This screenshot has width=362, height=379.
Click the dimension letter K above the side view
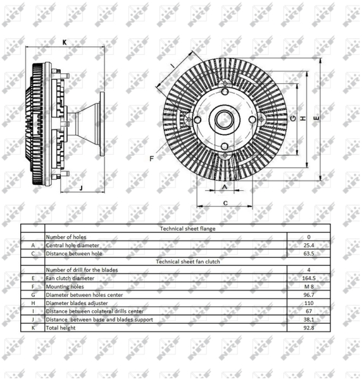(65, 42)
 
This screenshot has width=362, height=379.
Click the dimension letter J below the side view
(82, 188)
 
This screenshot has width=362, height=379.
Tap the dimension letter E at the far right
(316, 118)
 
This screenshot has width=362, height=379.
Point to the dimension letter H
(303, 118)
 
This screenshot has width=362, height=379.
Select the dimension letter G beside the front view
(293, 118)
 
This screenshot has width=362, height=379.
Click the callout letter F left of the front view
(152, 159)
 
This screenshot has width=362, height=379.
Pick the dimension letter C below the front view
(225, 203)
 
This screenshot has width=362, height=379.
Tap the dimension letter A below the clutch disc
(225, 187)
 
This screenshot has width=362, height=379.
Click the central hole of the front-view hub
(224, 119)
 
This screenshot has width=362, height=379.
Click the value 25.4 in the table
(309, 245)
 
